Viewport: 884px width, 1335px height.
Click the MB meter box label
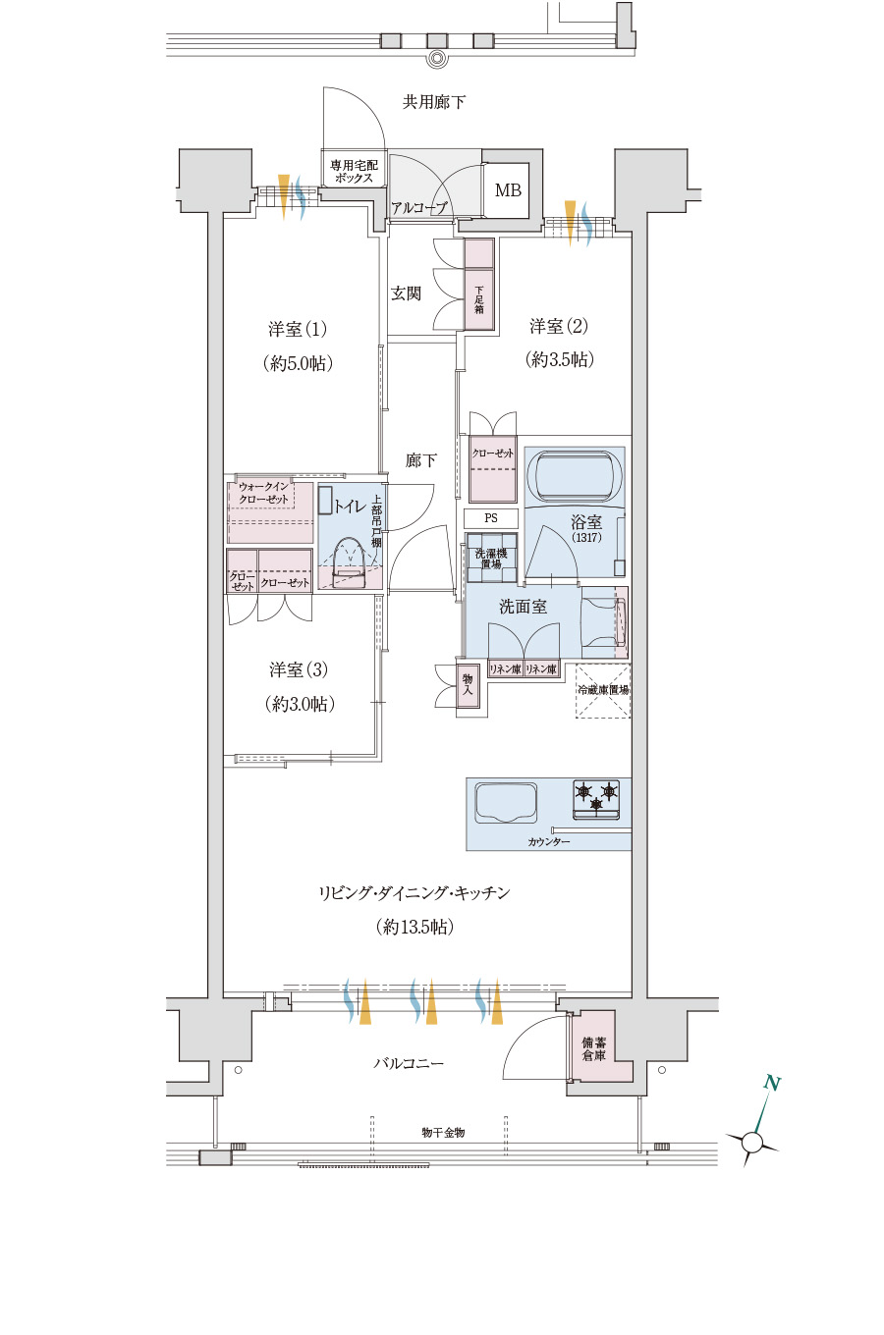click(508, 190)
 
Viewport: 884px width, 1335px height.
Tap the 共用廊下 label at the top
click(433, 102)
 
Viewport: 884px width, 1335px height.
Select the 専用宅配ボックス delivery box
click(354, 171)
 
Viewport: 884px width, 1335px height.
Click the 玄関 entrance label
click(406, 294)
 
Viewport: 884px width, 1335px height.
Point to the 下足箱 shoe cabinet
click(479, 284)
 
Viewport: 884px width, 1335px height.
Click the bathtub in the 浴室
click(574, 478)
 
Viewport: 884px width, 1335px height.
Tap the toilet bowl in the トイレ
click(350, 564)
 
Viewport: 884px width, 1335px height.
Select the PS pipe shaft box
click(491, 518)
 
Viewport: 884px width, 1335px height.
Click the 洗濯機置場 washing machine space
click(491, 559)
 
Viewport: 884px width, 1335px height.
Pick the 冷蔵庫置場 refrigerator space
click(603, 690)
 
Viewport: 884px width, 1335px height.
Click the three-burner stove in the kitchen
click(596, 799)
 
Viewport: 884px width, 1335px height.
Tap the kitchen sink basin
click(506, 802)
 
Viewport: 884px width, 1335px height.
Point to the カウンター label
click(549, 842)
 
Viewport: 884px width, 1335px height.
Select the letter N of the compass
click(772, 1083)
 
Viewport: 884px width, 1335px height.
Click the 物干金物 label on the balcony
click(443, 1133)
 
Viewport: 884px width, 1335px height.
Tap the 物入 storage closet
click(468, 684)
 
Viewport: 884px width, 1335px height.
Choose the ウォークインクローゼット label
click(263, 494)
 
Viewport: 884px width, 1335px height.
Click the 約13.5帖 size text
click(415, 927)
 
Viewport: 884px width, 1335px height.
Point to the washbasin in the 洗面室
click(603, 622)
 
